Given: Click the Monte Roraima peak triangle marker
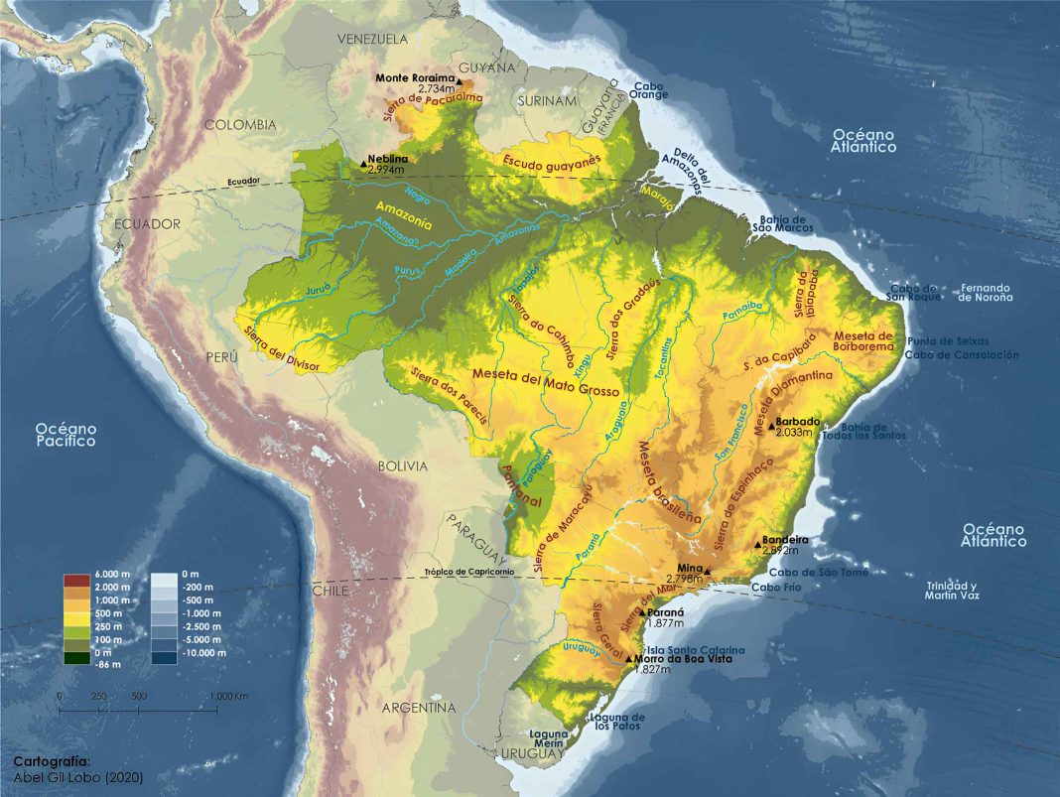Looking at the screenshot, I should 461,79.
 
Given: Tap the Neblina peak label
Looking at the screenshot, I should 385,159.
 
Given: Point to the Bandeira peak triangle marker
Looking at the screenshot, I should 756,541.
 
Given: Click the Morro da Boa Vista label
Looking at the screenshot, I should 679,658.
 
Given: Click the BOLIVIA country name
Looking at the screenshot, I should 402,465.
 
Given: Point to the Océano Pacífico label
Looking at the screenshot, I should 66,434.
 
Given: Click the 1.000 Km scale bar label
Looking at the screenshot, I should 227,696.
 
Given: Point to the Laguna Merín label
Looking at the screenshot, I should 548,739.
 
